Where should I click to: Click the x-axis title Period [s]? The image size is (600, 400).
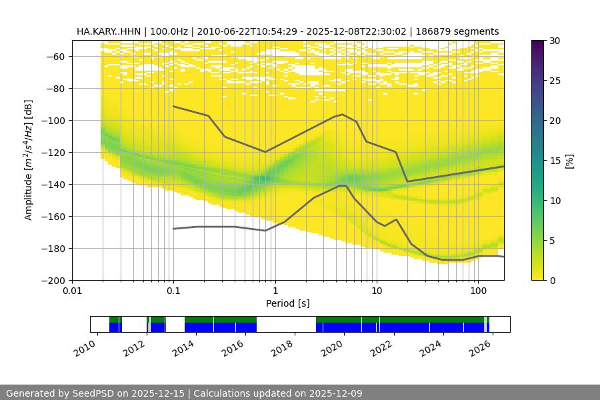pyautogui.click(x=287, y=303)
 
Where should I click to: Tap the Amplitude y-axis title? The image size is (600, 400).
pyautogui.click(x=29, y=160)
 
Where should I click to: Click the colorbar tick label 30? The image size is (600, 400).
pyautogui.click(x=554, y=41)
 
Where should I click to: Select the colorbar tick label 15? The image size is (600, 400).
pyautogui.click(x=554, y=161)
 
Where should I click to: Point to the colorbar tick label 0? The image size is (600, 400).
pyautogui.click(x=552, y=281)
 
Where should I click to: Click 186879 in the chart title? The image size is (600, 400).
pyautogui.click(x=431, y=31)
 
